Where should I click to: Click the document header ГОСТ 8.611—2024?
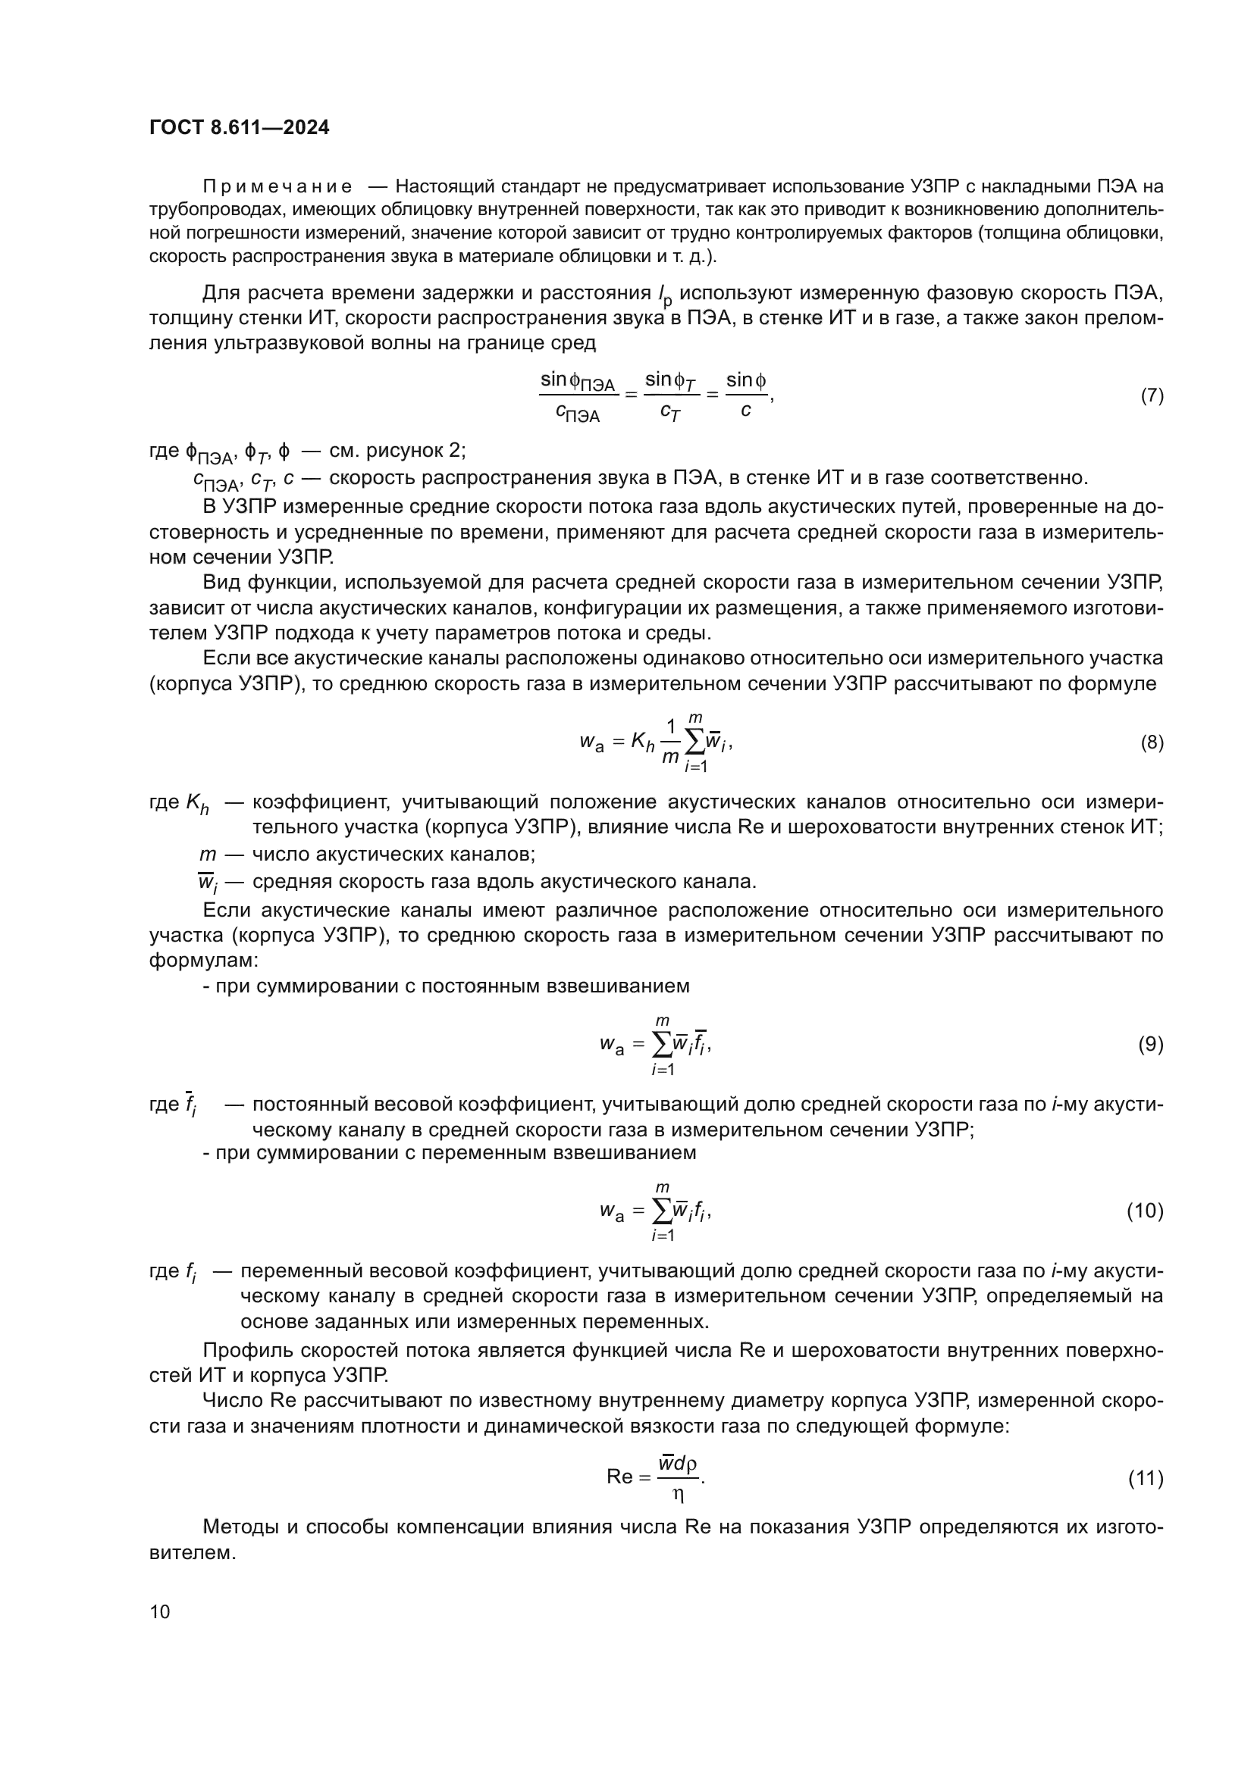pos(240,128)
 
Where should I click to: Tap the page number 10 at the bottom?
pos(160,1611)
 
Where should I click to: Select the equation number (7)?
pos(1152,396)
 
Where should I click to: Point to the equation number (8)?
pos(1152,743)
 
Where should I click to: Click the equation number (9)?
pos(1151,1045)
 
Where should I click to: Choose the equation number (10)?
pos(1145,1211)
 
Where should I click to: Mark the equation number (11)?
pos(1146,1478)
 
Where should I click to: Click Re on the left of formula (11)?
pos(619,1477)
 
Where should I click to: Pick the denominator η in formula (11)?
pos(678,1494)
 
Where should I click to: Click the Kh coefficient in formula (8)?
pos(642,743)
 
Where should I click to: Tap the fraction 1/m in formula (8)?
pos(670,742)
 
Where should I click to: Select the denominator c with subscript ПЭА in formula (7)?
pos(578,414)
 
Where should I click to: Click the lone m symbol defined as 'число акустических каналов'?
pos(208,855)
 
